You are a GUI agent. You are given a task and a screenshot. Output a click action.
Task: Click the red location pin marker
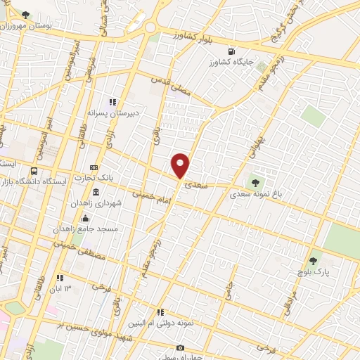(181, 165)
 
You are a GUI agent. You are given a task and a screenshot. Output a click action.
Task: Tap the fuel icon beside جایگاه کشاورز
(231, 51)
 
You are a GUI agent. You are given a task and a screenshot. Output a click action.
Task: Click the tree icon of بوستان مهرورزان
(26, 14)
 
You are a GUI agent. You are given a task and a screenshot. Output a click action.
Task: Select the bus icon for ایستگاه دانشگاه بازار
(34, 171)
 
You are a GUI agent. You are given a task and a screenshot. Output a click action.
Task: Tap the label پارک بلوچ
(312, 271)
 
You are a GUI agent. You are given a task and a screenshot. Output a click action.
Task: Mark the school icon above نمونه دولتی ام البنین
(160, 313)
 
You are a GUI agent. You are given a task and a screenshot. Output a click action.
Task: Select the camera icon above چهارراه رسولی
(180, 348)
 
